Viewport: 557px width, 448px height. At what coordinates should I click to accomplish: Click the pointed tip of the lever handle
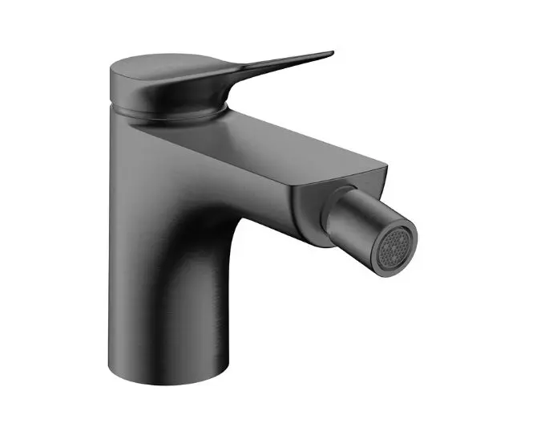tap(329, 55)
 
